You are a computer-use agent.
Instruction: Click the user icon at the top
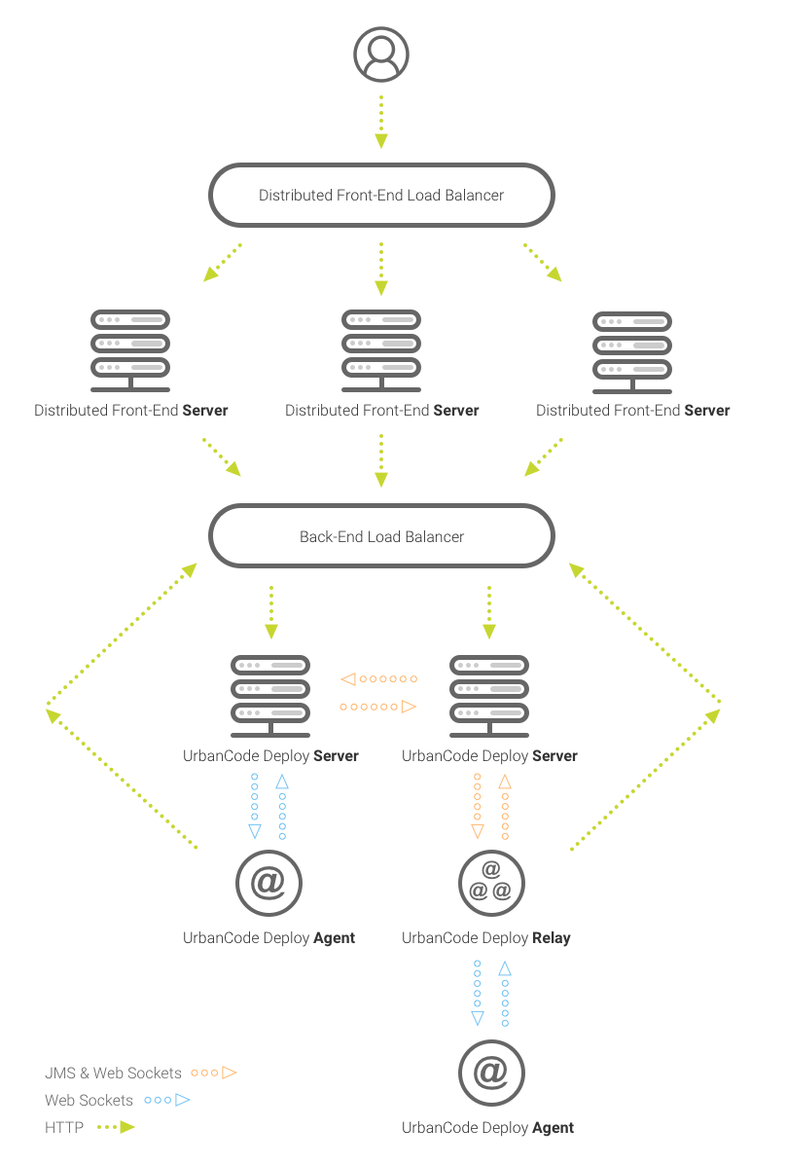pos(381,54)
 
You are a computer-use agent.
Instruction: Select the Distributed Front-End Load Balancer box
pos(381,195)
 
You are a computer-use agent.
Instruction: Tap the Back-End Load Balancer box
pos(381,536)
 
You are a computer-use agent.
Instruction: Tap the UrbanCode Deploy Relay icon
pos(491,884)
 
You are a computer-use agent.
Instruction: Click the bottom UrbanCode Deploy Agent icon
pos(491,1073)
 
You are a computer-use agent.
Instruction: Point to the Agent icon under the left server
pos(269,884)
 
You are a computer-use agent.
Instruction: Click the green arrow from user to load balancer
pos(381,121)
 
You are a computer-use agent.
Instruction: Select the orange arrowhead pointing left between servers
pos(348,678)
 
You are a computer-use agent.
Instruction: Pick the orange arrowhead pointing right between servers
pos(410,707)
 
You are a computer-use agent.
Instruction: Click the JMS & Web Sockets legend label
pos(113,1073)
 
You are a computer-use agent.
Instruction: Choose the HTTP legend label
pos(64,1127)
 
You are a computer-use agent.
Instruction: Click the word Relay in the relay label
pos(551,938)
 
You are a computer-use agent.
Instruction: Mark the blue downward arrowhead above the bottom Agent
pos(478,1018)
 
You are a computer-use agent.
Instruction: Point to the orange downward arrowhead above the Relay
pos(478,831)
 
